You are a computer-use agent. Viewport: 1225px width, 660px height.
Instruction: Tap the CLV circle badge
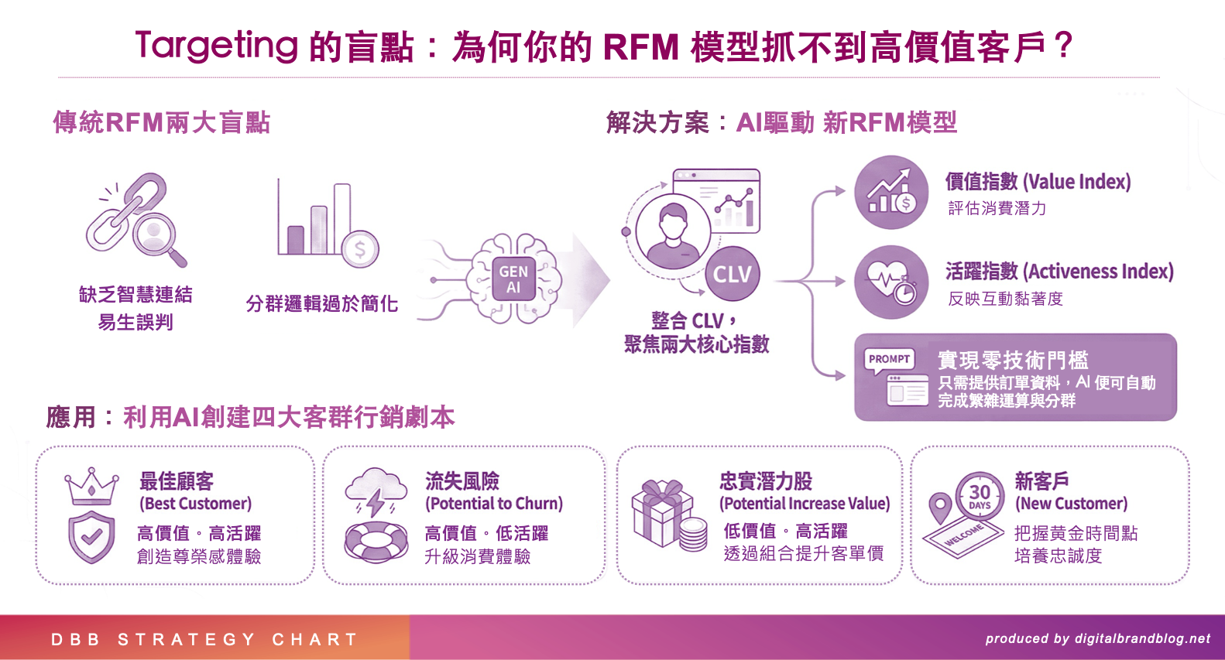732,274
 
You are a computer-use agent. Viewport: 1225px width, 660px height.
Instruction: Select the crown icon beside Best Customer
92,486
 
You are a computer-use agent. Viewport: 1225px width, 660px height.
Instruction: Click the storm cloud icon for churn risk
376,491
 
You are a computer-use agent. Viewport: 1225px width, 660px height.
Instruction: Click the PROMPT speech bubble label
889,359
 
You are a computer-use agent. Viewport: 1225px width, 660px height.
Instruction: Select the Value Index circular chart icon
891,193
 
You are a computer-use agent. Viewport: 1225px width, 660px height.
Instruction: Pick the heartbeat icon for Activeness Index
891,282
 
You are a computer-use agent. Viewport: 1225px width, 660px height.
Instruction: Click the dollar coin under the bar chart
359,249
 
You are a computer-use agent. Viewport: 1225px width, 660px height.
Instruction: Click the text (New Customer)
1071,504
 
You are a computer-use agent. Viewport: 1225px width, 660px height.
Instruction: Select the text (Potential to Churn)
494,504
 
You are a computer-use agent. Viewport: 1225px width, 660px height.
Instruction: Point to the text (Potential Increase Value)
805,504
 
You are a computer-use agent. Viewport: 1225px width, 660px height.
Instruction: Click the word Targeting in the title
217,46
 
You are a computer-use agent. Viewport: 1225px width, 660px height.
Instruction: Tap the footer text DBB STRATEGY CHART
204,639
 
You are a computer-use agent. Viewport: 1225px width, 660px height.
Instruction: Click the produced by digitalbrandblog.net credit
1097,638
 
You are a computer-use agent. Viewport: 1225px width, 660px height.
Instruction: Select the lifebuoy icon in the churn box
376,541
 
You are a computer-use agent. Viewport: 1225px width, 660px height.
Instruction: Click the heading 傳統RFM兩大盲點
161,122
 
